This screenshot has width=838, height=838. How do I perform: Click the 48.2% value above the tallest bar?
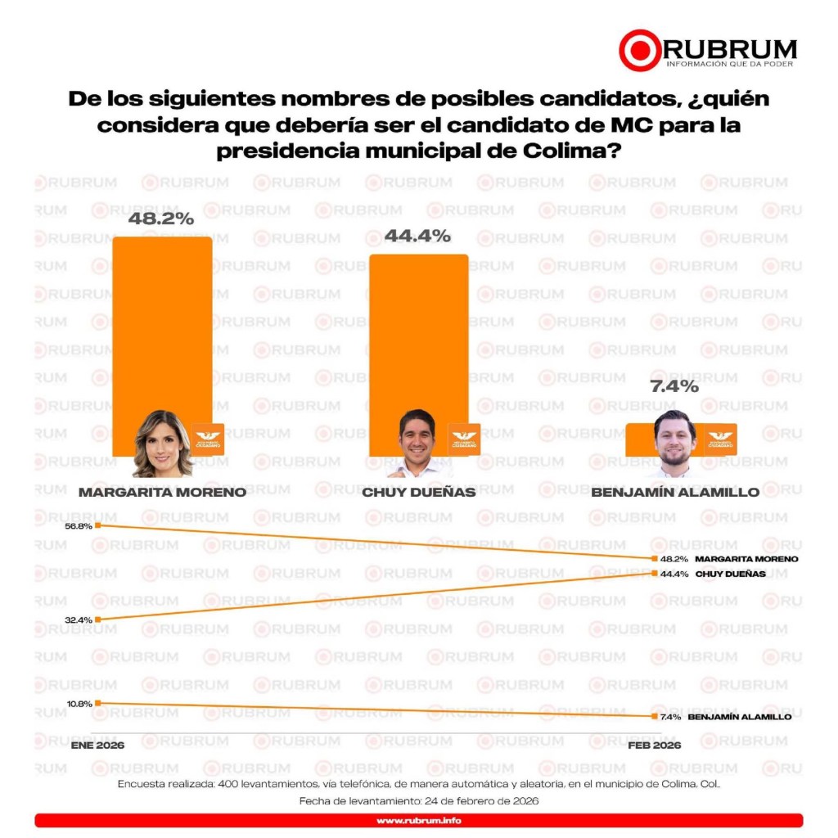(x=161, y=219)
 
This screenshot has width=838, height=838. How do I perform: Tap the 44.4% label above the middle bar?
(x=417, y=237)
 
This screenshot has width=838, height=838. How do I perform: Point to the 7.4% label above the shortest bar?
(x=674, y=386)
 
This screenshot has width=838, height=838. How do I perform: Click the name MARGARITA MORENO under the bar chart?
(x=162, y=493)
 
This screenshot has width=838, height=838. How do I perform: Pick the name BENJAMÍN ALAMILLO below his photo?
(x=675, y=493)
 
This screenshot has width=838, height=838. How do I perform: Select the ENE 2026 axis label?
(x=97, y=746)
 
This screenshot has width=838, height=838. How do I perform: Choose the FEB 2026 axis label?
(x=654, y=746)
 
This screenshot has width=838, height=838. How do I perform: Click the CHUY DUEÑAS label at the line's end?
(x=730, y=574)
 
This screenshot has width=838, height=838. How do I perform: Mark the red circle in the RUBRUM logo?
(x=638, y=50)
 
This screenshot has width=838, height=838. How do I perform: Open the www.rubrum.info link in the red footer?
(x=418, y=821)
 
